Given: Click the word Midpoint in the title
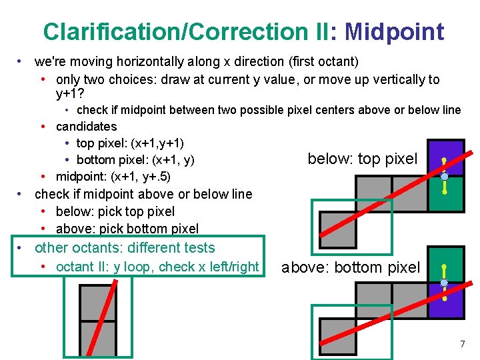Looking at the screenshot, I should pyautogui.click(x=394, y=31).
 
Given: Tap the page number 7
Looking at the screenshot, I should pyautogui.click(x=462, y=344).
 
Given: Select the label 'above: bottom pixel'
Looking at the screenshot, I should pyautogui.click(x=351, y=267).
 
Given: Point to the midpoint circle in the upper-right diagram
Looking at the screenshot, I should pyautogui.click(x=444, y=177).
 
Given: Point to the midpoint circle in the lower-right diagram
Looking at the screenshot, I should pyautogui.click(x=444, y=283).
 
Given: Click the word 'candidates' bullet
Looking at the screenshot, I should pyautogui.click(x=86, y=127).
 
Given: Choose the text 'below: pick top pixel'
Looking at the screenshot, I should pyautogui.click(x=115, y=211).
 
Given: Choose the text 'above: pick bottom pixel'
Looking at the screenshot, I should pyautogui.click(x=127, y=229).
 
